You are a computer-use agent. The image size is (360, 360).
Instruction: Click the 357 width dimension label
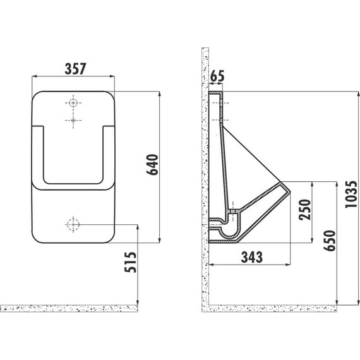[x=75, y=69]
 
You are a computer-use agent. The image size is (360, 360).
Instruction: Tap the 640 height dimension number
[x=152, y=165]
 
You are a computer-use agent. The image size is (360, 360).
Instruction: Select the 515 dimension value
[x=130, y=262]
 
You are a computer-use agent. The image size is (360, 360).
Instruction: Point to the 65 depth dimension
[x=217, y=76]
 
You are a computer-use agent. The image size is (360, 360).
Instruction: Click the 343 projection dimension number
[x=251, y=257]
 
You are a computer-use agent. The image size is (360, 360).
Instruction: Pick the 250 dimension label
[x=305, y=210]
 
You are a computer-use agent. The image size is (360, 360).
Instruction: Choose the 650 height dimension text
[x=330, y=241]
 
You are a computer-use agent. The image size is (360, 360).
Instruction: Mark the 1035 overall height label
[x=351, y=195]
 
